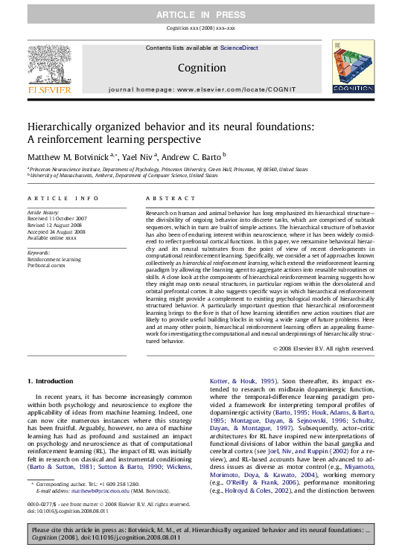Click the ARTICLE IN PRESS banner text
(x=202, y=15)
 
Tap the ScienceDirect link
(x=239, y=48)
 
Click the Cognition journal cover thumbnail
(x=352, y=68)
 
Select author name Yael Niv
(x=141, y=157)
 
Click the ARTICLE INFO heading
(x=63, y=199)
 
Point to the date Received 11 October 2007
(x=57, y=218)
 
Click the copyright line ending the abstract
(x=323, y=348)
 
